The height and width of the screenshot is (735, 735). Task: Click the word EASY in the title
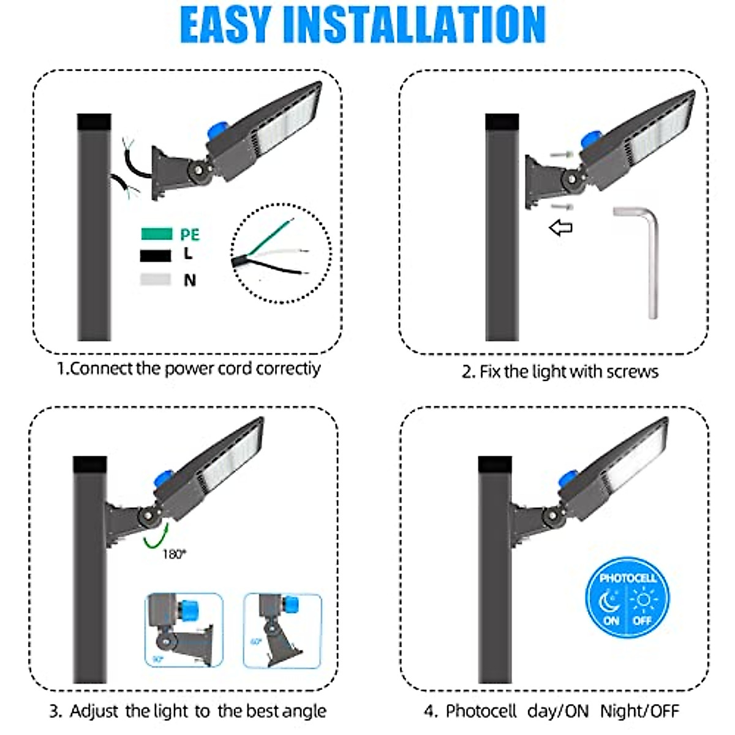tap(225, 24)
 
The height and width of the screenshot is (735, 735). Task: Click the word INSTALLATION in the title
tap(414, 24)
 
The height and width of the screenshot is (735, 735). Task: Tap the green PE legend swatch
tap(156, 234)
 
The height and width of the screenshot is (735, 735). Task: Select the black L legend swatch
tap(156, 255)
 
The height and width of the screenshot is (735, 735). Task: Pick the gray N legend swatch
tap(156, 279)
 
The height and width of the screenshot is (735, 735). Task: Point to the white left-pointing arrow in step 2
tap(560, 228)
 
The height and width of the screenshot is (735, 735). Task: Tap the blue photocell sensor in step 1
tap(218, 130)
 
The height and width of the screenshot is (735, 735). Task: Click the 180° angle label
tap(174, 554)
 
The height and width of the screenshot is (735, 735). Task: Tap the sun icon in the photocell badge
tap(643, 599)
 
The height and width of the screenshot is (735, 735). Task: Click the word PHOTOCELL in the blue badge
tap(627, 578)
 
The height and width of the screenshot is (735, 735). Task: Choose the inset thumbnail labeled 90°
tap(183, 630)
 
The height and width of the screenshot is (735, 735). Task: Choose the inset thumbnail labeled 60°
tap(282, 630)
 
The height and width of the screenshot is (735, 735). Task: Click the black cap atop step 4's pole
tap(494, 465)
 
